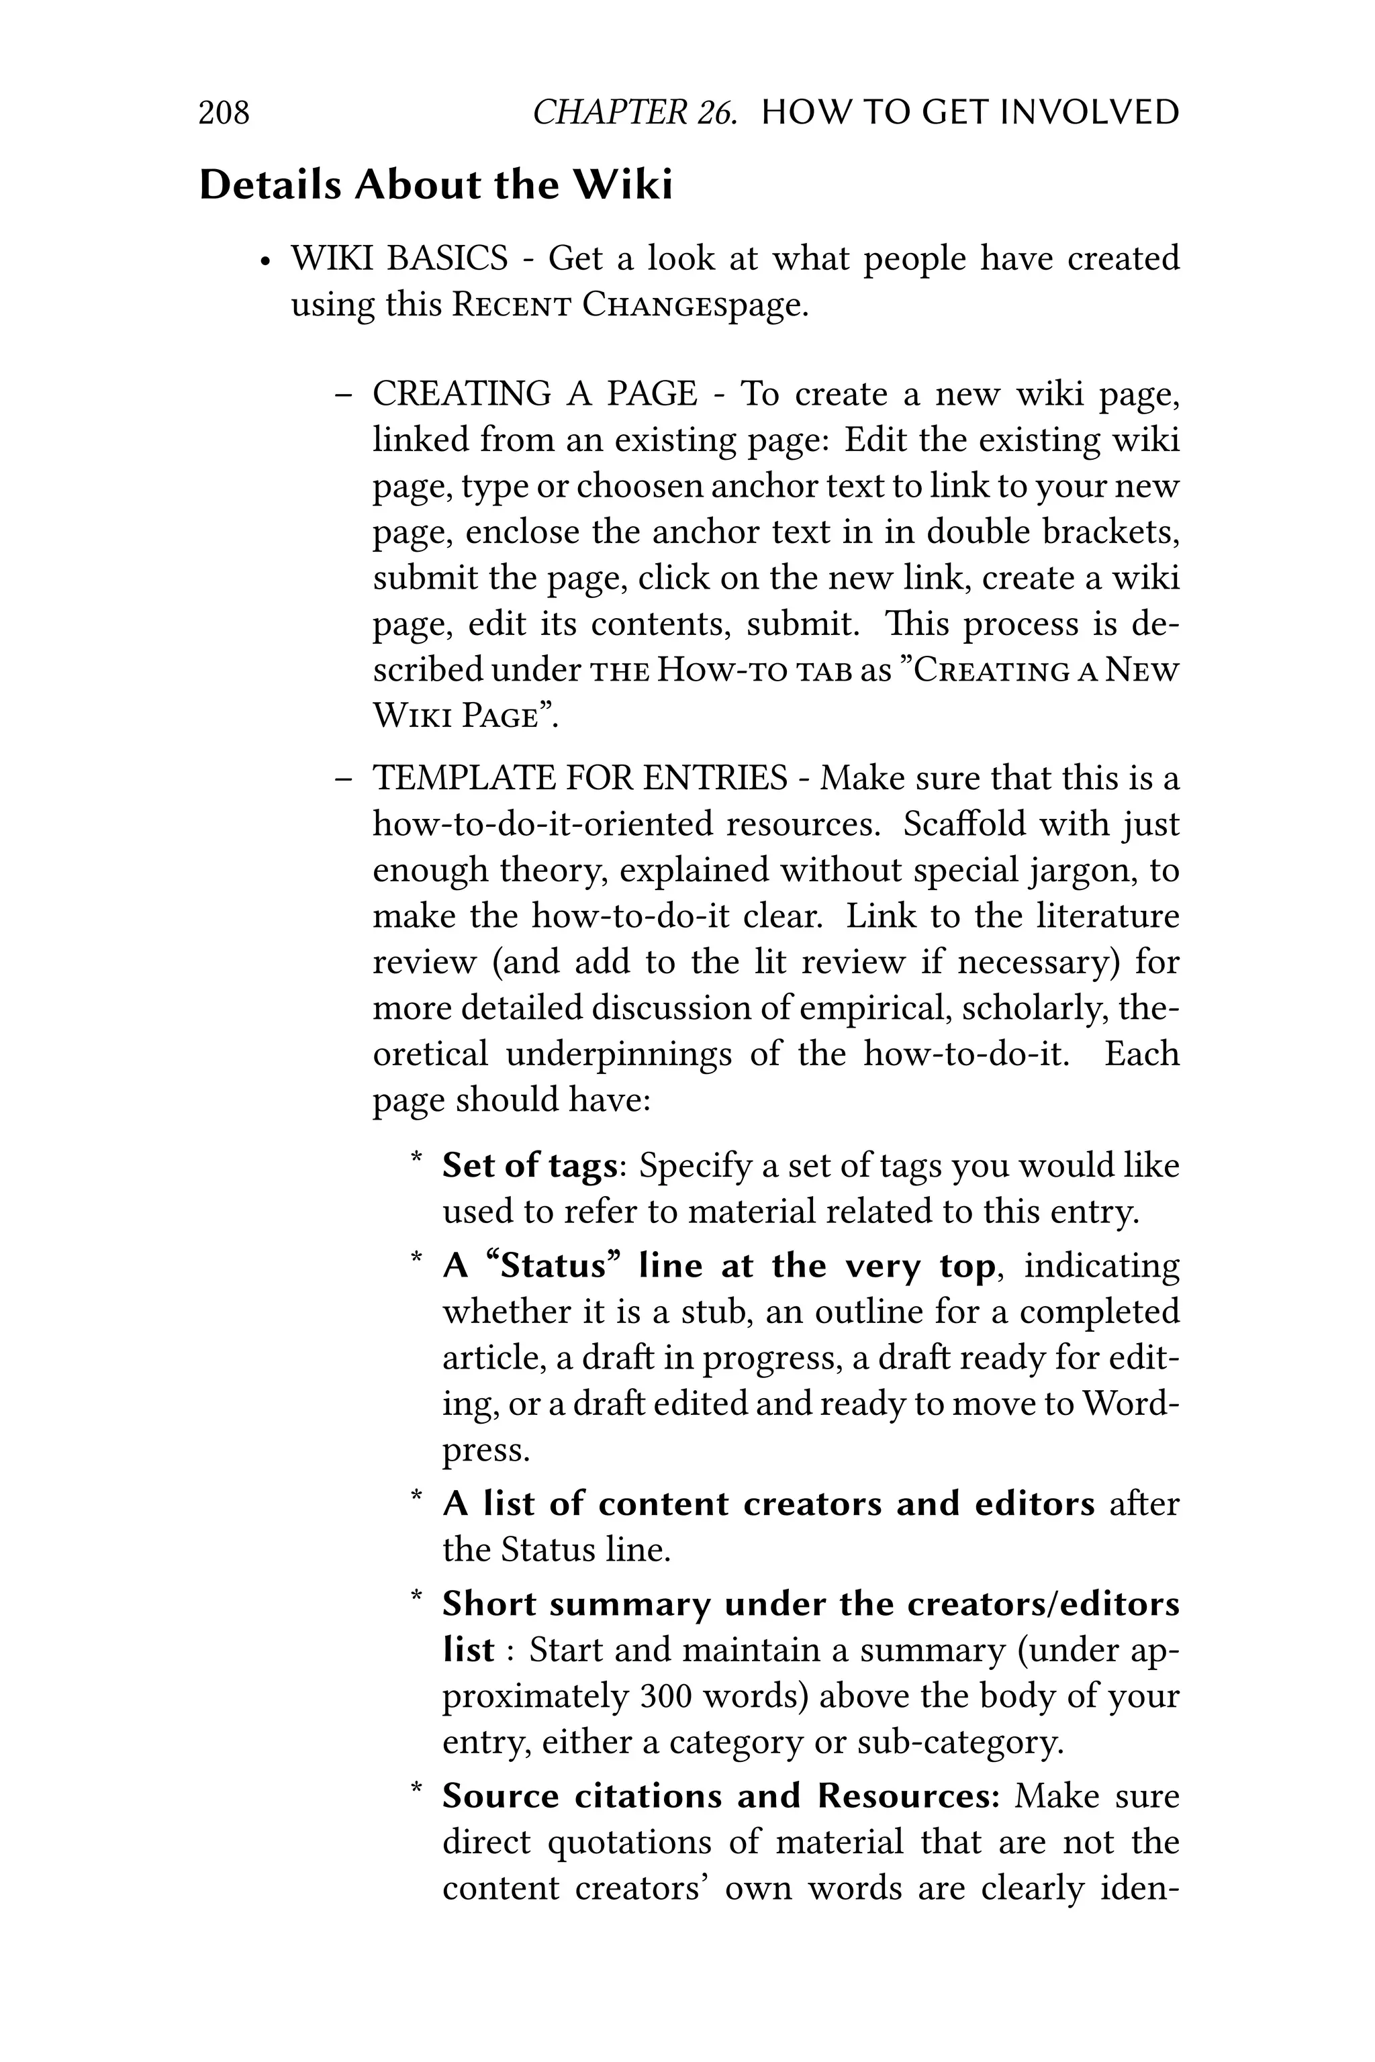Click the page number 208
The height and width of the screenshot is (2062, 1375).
[x=224, y=113]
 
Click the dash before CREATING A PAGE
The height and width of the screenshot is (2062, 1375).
[x=344, y=395]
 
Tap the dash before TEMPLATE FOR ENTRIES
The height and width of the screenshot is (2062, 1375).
[x=344, y=779]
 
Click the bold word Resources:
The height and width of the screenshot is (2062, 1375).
[x=908, y=1796]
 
